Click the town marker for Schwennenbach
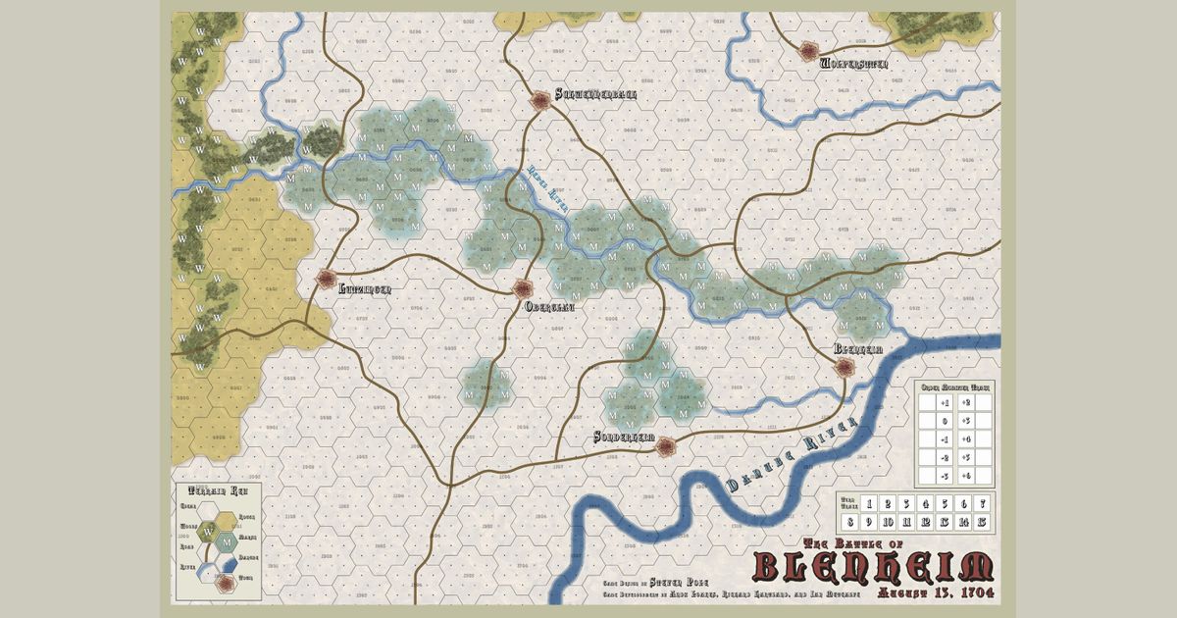(x=540, y=99)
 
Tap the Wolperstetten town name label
(x=853, y=64)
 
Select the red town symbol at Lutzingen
(x=327, y=280)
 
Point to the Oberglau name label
(x=549, y=306)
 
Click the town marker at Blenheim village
(x=844, y=366)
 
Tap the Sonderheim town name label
(x=624, y=438)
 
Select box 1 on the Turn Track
(x=868, y=503)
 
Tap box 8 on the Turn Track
(x=849, y=522)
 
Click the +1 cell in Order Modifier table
(x=944, y=402)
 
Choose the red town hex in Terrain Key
(x=228, y=583)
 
